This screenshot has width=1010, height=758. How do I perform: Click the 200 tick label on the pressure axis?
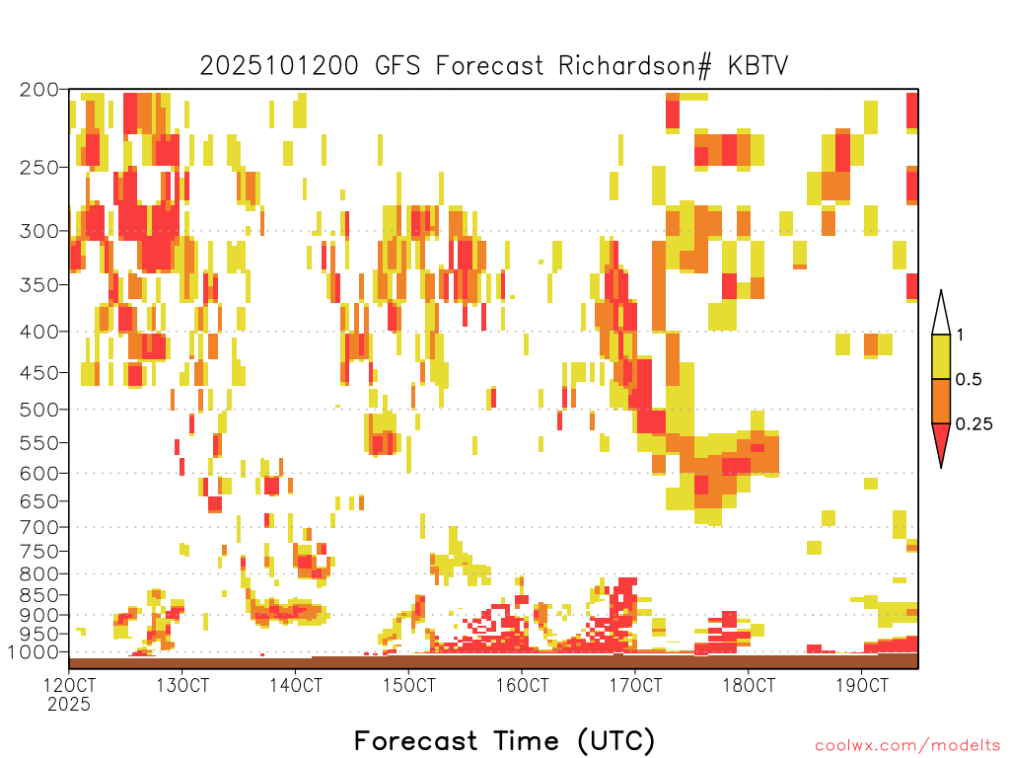(x=39, y=90)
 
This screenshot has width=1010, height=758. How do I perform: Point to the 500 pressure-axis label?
(x=39, y=410)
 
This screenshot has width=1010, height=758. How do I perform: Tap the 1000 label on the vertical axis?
(x=33, y=652)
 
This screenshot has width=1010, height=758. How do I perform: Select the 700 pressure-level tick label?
(x=39, y=527)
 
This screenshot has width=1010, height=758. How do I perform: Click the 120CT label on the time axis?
(x=69, y=685)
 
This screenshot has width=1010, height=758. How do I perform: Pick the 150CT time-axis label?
(x=408, y=685)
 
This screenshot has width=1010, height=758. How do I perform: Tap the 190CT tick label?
(x=862, y=685)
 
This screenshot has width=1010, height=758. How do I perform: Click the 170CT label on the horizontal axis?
(x=635, y=685)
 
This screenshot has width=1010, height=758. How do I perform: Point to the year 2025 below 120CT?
(x=69, y=705)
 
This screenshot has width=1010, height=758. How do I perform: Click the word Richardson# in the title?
(x=635, y=66)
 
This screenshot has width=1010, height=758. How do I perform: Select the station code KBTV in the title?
(x=758, y=66)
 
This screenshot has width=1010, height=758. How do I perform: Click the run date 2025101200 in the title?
(x=279, y=66)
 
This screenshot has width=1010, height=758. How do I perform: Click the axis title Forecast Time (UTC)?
(x=504, y=740)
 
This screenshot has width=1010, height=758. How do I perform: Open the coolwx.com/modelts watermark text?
(x=907, y=746)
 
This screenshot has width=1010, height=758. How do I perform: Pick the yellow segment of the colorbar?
(x=941, y=356)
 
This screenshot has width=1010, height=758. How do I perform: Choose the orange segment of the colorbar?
(x=941, y=401)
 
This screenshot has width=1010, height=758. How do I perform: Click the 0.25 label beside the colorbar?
(x=974, y=424)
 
